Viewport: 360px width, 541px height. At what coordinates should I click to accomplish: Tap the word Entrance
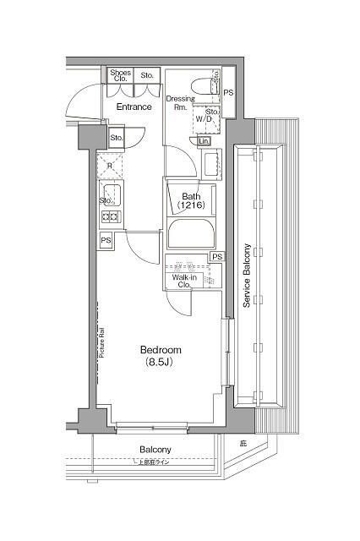pyautogui.click(x=134, y=107)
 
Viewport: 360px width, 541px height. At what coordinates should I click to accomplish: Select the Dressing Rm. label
pyautogui.click(x=179, y=103)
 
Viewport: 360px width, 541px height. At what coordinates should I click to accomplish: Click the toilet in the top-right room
pyautogui.click(x=202, y=85)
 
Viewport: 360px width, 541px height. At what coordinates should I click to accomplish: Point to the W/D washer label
pyautogui.click(x=205, y=119)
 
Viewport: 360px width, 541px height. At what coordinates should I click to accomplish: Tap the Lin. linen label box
pyautogui.click(x=204, y=141)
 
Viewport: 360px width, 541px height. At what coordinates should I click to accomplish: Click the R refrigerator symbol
pyautogui.click(x=108, y=166)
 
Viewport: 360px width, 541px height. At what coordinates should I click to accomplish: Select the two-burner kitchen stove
pyautogui.click(x=110, y=217)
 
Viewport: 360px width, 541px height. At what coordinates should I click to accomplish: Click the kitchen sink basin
pyautogui.click(x=112, y=197)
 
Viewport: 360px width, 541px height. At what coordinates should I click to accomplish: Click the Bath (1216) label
pyautogui.click(x=190, y=200)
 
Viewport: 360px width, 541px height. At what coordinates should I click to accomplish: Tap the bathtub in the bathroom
pyautogui.click(x=191, y=232)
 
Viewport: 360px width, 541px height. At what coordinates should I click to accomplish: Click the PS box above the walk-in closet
pyautogui.click(x=217, y=257)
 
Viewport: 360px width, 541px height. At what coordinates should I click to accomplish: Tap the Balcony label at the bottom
pyautogui.click(x=155, y=450)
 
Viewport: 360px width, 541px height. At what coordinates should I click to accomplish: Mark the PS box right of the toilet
pyautogui.click(x=228, y=91)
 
